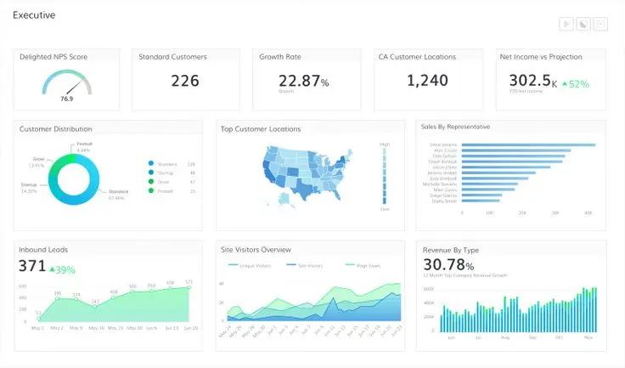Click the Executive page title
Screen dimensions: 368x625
[x=34, y=15]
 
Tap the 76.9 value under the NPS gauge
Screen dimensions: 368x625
[x=66, y=99]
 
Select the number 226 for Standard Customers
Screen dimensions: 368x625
[x=185, y=81]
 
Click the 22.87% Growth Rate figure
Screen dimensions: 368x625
[x=303, y=82]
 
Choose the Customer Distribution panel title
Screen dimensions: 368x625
[x=55, y=129]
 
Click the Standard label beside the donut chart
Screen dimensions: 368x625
[x=118, y=192]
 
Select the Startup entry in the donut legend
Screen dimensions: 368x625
[x=165, y=173]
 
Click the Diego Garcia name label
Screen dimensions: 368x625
[x=444, y=195]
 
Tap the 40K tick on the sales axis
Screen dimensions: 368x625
[x=588, y=213]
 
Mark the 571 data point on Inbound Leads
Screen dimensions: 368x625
[x=189, y=286]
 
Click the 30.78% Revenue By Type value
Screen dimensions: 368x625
[x=448, y=266]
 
